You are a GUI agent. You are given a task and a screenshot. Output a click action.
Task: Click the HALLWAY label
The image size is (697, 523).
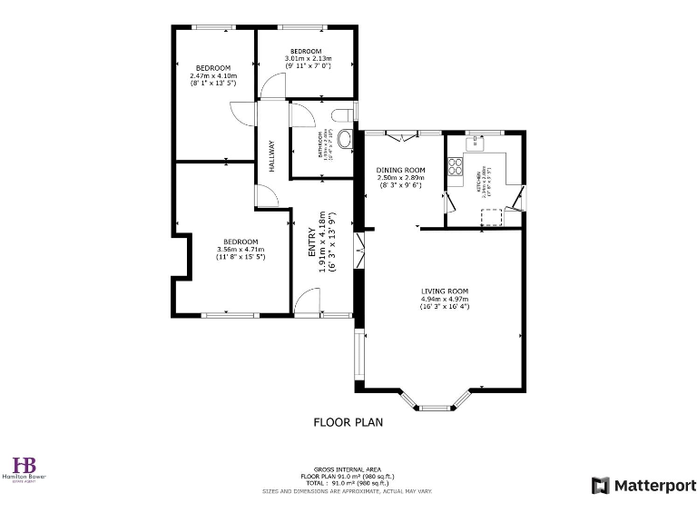pyautogui.click(x=271, y=154)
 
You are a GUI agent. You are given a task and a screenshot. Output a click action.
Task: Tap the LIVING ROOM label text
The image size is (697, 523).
pyautogui.click(x=445, y=291)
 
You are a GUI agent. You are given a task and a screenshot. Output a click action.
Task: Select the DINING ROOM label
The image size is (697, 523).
pyautogui.click(x=400, y=170)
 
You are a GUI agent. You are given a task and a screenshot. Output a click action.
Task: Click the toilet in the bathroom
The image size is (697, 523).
pyautogui.click(x=341, y=115)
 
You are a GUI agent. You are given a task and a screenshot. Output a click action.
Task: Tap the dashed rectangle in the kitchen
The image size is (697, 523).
pyautogui.click(x=491, y=215)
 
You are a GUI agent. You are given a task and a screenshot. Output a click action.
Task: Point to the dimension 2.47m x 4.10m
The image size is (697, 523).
pyautogui.click(x=213, y=75)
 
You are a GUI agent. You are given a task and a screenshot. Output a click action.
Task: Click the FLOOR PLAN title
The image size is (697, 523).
pyautogui.click(x=348, y=421)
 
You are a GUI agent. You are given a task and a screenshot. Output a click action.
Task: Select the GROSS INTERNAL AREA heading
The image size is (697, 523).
pyautogui.click(x=348, y=469)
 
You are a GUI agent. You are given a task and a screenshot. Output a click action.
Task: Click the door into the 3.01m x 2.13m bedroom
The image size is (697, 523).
pyautogui.click(x=270, y=89)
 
